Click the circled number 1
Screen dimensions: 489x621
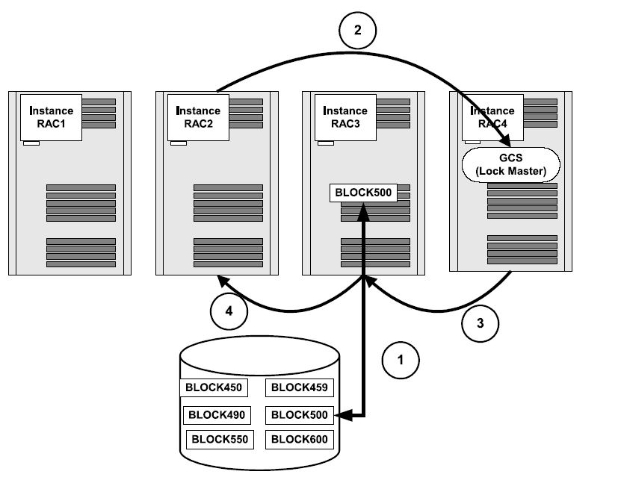[401, 359]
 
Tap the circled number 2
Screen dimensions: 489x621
[357, 31]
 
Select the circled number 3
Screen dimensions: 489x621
[480, 323]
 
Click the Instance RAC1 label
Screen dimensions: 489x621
[52, 117]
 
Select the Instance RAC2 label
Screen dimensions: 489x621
[199, 117]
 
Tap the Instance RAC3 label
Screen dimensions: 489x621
[346, 117]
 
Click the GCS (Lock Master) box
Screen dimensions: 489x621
[513, 163]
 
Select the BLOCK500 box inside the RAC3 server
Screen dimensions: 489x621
[363, 192]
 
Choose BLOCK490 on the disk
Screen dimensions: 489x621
[216, 414]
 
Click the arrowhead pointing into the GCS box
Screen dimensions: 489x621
[508, 143]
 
